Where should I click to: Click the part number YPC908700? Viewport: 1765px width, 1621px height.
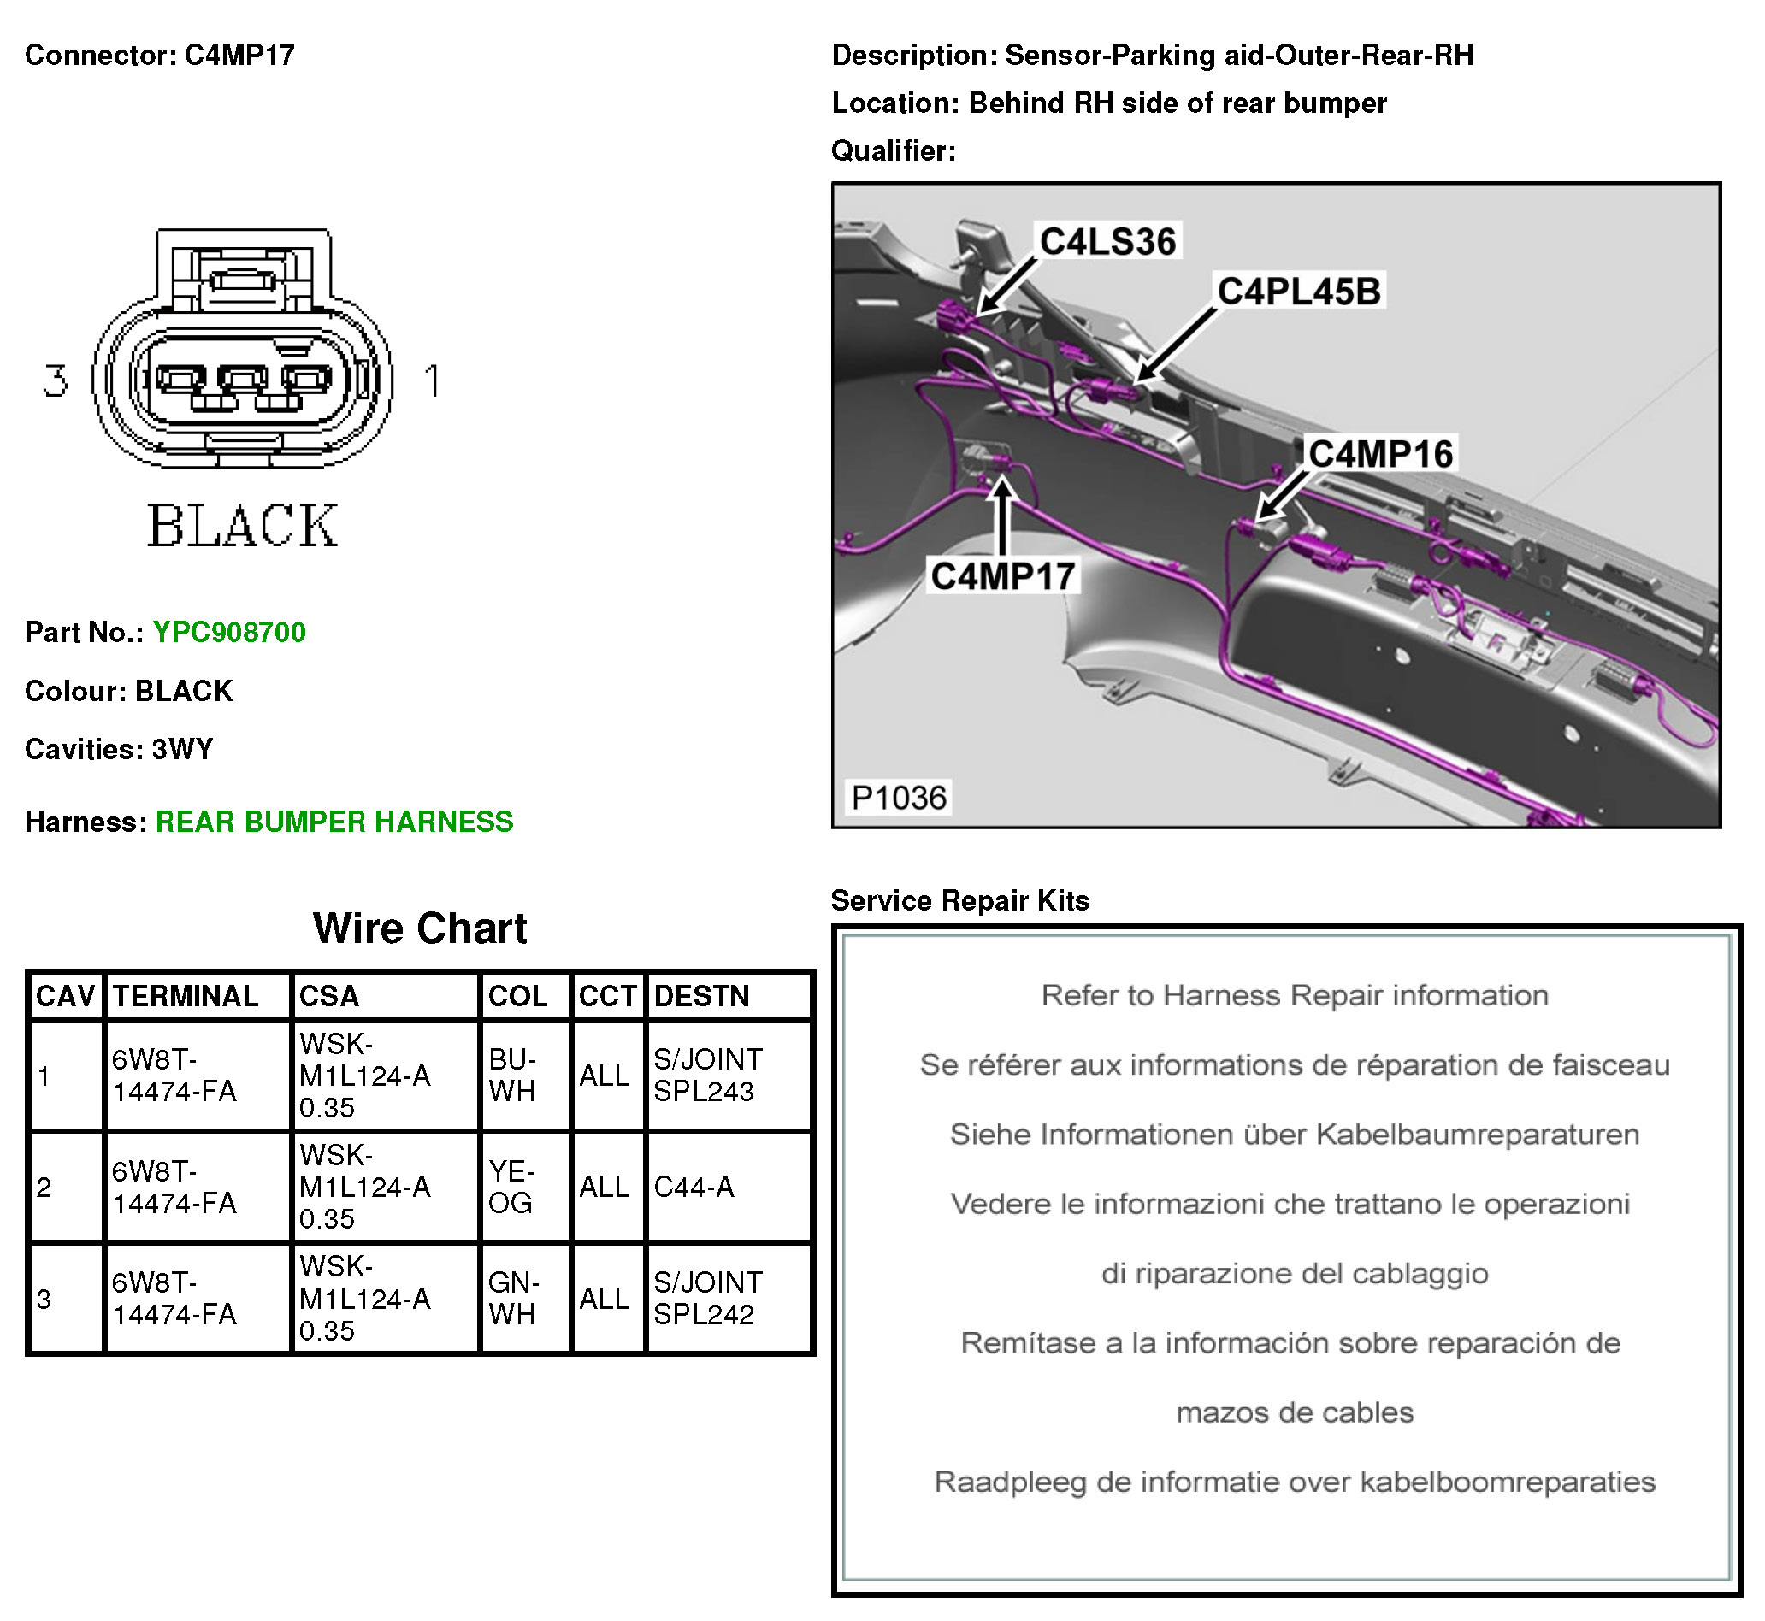[x=229, y=632]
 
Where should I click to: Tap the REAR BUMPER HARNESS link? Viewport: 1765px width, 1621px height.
[x=334, y=822]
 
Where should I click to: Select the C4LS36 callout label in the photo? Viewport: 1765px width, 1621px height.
[x=1108, y=241]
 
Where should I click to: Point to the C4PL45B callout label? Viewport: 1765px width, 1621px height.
[x=1298, y=292]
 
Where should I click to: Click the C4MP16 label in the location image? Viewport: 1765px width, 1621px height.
[x=1381, y=454]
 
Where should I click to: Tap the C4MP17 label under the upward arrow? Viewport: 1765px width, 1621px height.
[x=1003, y=576]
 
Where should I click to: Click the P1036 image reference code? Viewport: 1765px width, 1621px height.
[x=899, y=798]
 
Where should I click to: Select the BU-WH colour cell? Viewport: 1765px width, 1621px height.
[x=512, y=1076]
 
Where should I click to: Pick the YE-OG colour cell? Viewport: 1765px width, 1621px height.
[x=511, y=1187]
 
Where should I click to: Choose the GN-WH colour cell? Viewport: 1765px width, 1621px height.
[x=513, y=1298]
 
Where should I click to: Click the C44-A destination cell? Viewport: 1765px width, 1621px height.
[x=694, y=1187]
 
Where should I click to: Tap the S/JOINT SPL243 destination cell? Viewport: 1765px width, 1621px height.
[x=708, y=1076]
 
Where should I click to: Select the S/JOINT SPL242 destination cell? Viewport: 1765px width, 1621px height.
[x=708, y=1298]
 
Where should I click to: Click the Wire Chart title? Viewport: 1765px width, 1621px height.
[x=420, y=928]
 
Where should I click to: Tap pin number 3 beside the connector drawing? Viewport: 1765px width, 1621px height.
[x=56, y=380]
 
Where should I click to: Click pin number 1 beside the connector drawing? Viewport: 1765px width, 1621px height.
[x=432, y=380]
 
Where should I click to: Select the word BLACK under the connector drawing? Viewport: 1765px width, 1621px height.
[x=242, y=527]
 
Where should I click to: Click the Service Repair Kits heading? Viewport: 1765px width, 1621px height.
[x=959, y=901]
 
